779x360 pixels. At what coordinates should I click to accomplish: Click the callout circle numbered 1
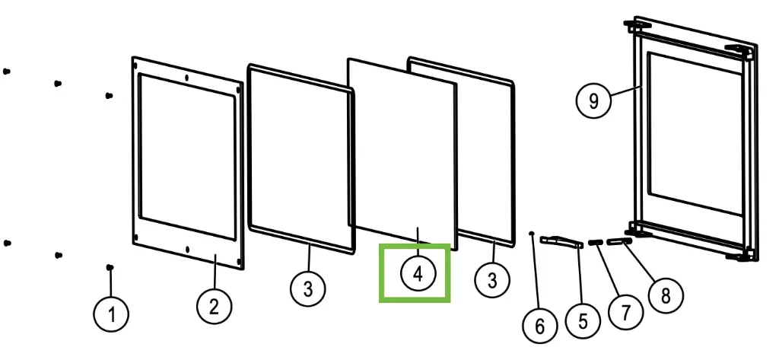[111, 314]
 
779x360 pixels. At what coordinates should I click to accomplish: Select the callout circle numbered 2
[214, 307]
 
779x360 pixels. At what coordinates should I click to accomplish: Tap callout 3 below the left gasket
[308, 288]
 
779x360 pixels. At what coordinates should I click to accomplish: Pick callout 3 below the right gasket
[492, 280]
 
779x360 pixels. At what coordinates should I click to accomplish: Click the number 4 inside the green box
[418, 273]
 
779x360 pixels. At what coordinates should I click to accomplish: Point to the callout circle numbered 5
[583, 321]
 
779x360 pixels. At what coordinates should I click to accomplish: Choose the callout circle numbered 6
[539, 327]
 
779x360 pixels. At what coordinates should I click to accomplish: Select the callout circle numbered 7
[625, 312]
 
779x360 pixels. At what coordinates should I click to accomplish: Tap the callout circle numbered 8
[666, 296]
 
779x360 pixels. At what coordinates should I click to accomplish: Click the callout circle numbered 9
[593, 101]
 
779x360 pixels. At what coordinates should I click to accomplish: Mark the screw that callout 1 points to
[110, 267]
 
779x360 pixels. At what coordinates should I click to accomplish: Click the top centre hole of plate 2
[186, 78]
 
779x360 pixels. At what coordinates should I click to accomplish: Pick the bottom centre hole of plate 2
[187, 249]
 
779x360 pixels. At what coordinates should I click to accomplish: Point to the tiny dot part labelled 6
[532, 232]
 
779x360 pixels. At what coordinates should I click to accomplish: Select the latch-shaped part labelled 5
[561, 241]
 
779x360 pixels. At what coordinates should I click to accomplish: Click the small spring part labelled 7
[595, 242]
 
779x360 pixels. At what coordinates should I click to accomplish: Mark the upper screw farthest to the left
[6, 71]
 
